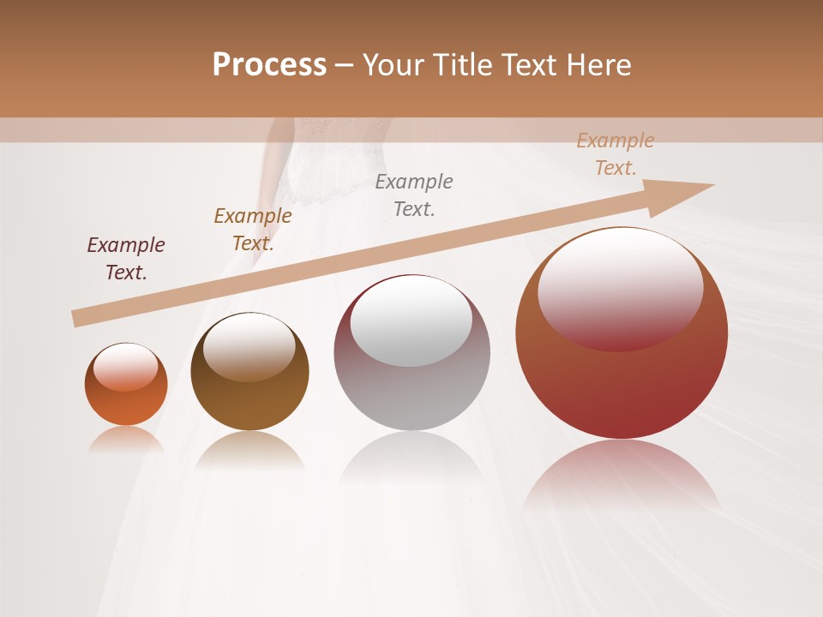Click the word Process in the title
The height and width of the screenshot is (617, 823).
(x=269, y=64)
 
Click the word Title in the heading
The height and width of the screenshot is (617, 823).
(x=463, y=64)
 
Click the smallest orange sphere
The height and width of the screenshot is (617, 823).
(x=126, y=385)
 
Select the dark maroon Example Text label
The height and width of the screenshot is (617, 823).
(x=126, y=259)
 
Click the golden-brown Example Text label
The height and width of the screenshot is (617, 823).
(x=253, y=230)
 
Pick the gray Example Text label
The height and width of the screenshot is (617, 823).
(x=414, y=195)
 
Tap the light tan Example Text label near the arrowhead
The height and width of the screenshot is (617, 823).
(x=615, y=154)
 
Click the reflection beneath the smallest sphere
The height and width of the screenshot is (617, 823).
(x=126, y=440)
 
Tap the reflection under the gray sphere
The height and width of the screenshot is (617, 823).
(x=411, y=458)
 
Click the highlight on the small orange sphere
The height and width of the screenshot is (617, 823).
(x=126, y=366)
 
